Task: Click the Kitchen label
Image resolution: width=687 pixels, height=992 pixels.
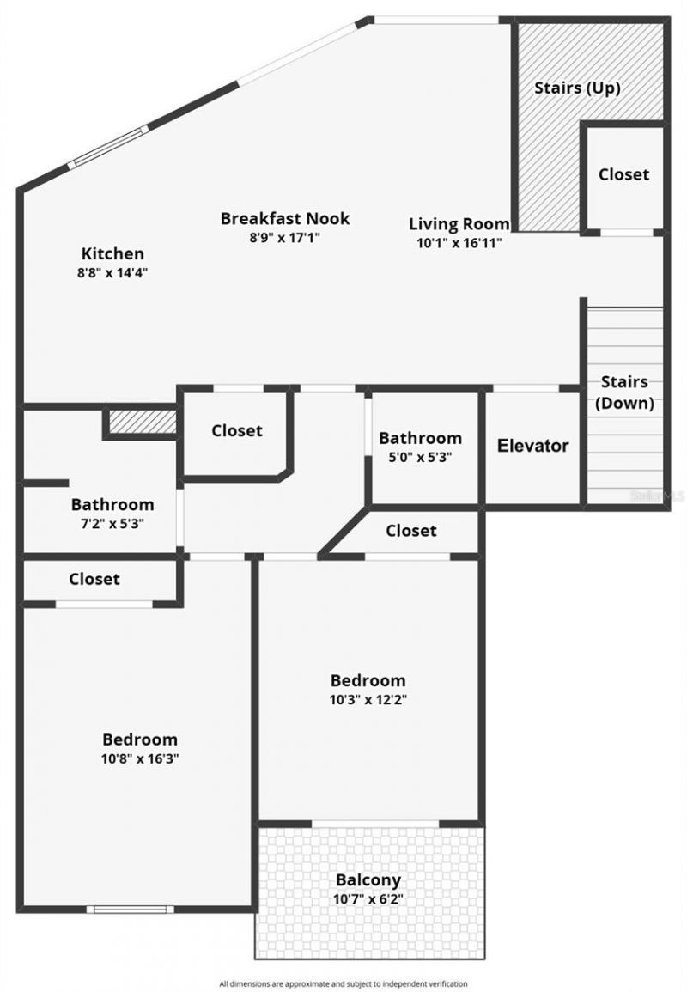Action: tap(112, 253)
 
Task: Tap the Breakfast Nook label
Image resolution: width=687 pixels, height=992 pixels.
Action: tap(285, 218)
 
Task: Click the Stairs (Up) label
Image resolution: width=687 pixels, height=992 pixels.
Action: tap(577, 88)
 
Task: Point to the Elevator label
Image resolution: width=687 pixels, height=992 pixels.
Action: tap(533, 446)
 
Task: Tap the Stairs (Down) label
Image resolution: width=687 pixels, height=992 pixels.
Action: tap(624, 392)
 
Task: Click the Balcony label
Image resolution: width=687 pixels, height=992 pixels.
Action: tap(368, 880)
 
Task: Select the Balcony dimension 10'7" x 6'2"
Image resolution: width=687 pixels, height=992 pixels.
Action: tap(368, 899)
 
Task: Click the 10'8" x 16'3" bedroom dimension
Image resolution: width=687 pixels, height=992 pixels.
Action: tap(140, 758)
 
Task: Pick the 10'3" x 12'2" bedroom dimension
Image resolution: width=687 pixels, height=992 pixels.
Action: tap(368, 699)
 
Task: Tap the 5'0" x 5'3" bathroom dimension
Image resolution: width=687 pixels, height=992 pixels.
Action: tap(421, 457)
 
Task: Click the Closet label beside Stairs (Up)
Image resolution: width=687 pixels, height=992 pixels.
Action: tap(624, 174)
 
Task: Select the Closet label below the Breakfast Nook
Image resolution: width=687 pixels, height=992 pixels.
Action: tap(237, 430)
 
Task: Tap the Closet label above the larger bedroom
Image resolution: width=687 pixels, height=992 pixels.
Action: tap(94, 579)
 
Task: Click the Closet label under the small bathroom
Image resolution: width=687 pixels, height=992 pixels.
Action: tap(411, 531)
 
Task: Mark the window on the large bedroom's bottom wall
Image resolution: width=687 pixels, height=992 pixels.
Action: tap(130, 909)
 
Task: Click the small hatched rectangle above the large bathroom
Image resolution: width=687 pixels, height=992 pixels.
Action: tap(143, 422)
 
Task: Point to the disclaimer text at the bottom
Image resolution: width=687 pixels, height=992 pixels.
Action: tap(343, 983)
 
